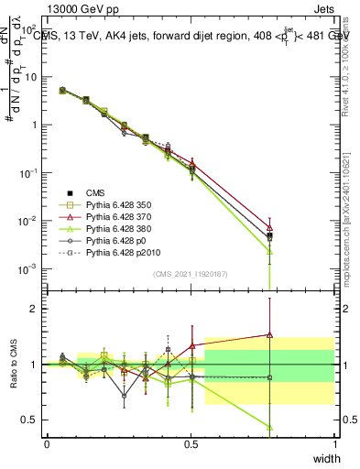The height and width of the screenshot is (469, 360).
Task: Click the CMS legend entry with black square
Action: pos(96,191)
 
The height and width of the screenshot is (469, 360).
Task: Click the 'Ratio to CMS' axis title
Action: pos(16,365)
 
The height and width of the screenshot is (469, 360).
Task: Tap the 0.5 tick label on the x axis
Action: pos(191,442)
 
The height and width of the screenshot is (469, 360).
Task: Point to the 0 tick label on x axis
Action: pos(47,442)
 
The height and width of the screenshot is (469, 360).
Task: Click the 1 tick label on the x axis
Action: pos(334,442)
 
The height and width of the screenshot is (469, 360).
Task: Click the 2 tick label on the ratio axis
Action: pos(37,309)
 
